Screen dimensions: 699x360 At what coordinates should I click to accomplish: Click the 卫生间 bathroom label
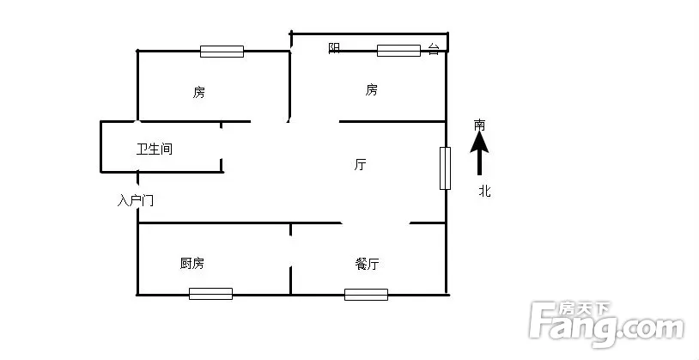pos(155,149)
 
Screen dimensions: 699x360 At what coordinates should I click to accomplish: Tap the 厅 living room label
pos(360,165)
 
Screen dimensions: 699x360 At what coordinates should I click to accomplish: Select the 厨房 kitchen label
pos(192,264)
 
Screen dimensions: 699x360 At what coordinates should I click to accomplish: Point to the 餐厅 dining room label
pos(367,264)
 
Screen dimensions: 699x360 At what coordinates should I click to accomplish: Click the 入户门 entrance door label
pos(136,201)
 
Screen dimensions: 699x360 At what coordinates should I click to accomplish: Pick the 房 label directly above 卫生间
pos(199,92)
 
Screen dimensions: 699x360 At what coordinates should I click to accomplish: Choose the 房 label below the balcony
pos(371,90)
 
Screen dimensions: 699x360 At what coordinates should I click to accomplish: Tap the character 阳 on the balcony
pos(334,48)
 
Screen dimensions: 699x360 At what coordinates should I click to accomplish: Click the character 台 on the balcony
pos(434,49)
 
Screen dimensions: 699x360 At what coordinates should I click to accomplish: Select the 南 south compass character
pos(479,125)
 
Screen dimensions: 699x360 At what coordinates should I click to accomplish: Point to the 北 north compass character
pos(484,192)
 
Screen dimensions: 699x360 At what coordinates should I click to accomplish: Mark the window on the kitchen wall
pos(211,294)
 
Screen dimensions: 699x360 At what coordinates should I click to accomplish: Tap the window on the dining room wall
pos(366,295)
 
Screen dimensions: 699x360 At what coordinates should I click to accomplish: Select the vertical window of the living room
pos(445,168)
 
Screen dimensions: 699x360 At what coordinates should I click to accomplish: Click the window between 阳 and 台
pos(399,51)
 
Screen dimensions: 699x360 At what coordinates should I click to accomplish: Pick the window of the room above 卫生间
pos(222,52)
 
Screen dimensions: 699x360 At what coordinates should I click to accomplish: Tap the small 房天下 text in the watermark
pos(585,308)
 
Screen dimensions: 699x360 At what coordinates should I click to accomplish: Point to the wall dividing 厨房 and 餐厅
pos(290,259)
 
